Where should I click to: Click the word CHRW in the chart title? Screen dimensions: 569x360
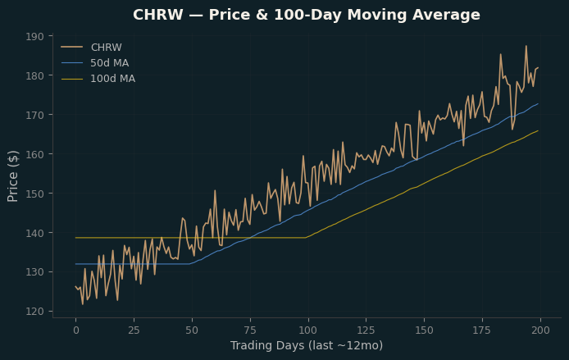[158, 15]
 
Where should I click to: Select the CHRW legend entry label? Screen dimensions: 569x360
[107, 48]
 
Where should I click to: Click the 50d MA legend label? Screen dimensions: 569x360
[109, 63]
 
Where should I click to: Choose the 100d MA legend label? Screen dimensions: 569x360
[112, 79]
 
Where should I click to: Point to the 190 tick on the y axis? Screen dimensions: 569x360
[34, 36]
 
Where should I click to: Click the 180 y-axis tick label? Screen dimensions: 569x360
[34, 75]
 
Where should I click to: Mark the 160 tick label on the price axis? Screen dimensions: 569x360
[34, 154]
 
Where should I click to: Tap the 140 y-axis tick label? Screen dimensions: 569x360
[34, 233]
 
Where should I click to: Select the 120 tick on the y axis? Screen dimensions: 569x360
[34, 312]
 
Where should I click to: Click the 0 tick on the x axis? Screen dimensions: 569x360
[76, 330]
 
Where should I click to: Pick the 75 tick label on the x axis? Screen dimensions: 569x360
[250, 330]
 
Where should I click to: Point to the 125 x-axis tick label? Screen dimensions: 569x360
[366, 330]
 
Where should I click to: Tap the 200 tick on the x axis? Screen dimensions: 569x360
[540, 330]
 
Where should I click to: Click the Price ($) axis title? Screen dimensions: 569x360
[12, 176]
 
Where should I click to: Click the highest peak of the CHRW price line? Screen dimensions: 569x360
[526, 46]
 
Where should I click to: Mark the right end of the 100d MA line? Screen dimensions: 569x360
[538, 130]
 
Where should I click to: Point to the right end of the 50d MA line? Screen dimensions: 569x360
[538, 104]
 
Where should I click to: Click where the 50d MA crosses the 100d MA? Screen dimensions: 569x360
[250, 238]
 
